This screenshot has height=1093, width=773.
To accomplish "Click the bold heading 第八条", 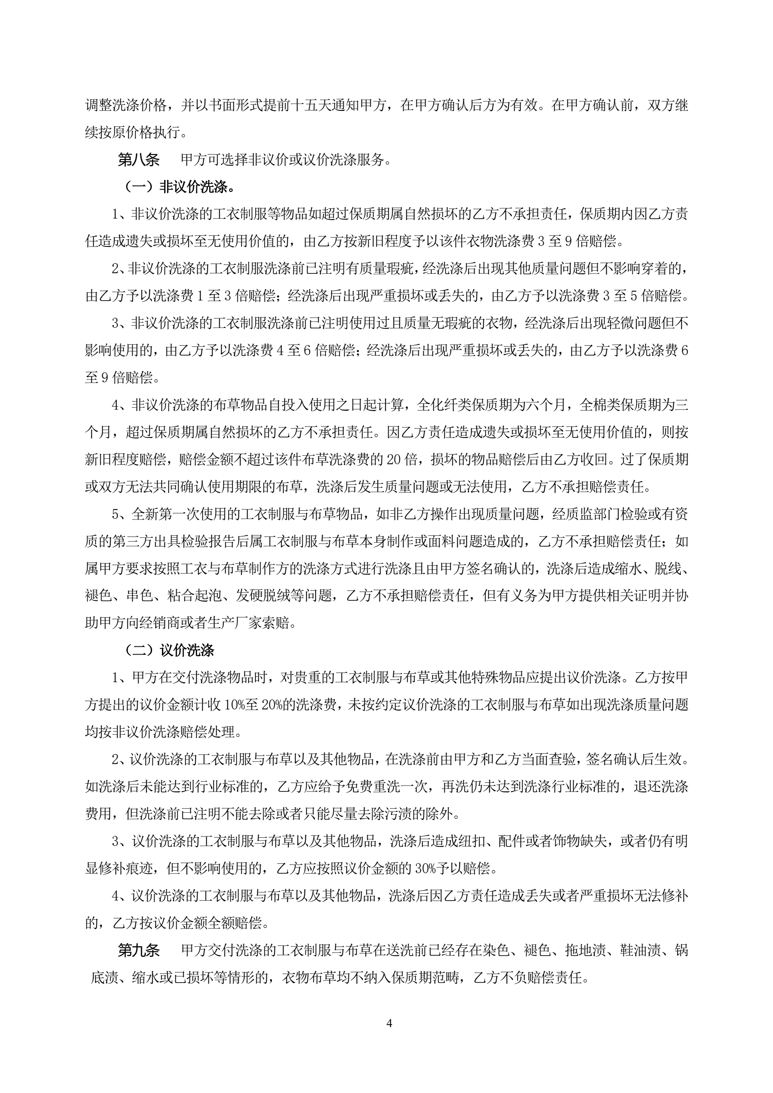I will [x=139, y=159].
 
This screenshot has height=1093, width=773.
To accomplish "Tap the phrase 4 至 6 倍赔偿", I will [x=316, y=351].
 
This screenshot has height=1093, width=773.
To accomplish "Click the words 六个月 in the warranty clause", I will [x=546, y=405].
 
